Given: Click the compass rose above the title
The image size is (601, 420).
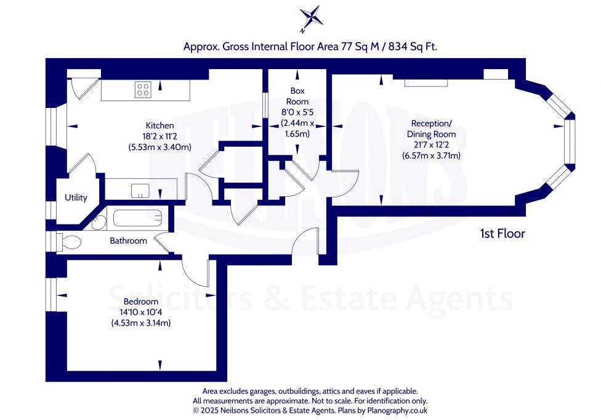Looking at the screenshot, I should pos(310,19).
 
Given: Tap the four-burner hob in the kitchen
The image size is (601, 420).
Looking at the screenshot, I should pos(143,89).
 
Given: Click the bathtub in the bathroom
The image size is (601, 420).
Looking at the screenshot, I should pos(136,218).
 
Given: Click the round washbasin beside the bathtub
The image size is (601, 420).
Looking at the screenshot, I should pos(98,224).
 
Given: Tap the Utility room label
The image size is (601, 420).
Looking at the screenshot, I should pos(76,198).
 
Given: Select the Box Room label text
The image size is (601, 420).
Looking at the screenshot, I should pos(298,96).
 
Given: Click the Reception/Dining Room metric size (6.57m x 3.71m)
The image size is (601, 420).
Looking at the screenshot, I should pos(431,155).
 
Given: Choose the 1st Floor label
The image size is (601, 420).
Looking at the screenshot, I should pos(502,234).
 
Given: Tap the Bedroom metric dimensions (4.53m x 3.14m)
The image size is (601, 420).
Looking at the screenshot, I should pos(141,323).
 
